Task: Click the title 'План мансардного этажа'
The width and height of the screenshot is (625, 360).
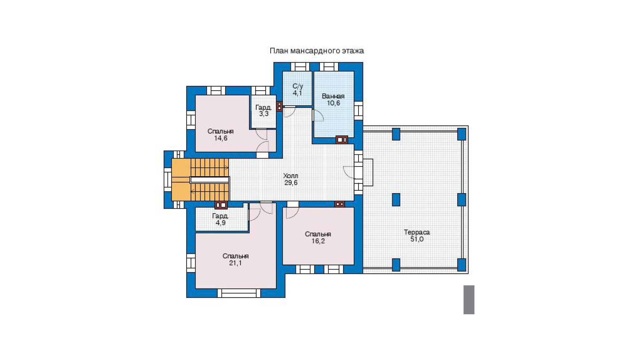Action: coord(317,51)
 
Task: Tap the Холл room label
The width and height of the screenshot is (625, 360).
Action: coord(291,176)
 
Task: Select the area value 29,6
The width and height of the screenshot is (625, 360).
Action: coord(291,183)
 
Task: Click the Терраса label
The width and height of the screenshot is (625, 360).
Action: coord(417,232)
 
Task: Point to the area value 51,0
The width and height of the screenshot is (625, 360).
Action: coord(417,239)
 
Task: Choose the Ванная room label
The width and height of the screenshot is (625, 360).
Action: coord(333,96)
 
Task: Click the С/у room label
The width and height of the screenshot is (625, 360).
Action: coord(298,86)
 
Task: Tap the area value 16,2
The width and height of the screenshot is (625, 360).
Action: coord(318,241)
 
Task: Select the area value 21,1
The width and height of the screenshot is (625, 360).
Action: coord(235,263)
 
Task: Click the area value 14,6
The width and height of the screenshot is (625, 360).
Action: coord(221,138)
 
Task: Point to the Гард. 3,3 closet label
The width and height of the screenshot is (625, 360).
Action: coord(263,111)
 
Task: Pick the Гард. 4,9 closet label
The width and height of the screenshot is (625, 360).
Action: coord(220,219)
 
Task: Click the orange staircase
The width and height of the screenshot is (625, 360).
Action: coord(200,180)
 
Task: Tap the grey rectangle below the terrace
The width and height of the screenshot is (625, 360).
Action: coord(469,300)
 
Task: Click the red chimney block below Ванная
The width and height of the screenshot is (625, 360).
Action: coord(342,140)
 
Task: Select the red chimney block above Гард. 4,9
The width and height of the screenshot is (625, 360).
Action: coord(221,205)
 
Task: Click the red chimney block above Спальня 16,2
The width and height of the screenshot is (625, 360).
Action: coord(340,204)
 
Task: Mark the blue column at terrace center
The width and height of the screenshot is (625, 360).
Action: coord(396,200)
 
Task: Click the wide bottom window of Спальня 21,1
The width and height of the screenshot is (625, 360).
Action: coord(239,293)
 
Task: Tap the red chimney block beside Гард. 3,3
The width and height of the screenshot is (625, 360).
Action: coord(279,106)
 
